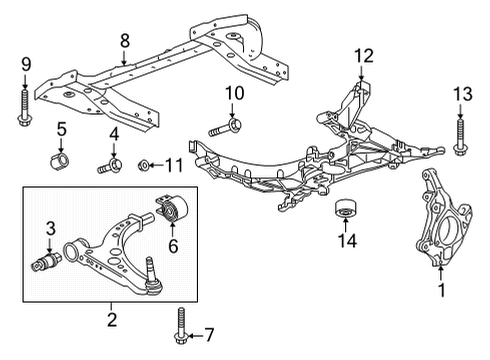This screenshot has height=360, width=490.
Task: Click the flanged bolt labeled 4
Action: tap(109, 164)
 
